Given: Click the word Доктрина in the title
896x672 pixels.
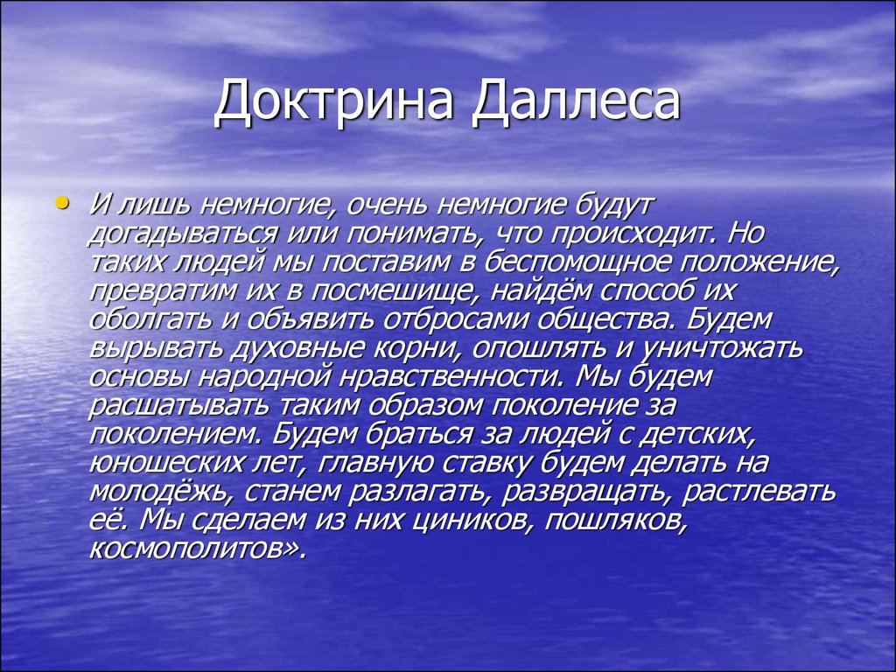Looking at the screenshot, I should (x=336, y=102).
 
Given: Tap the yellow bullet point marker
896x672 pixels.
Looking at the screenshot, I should (x=60, y=204).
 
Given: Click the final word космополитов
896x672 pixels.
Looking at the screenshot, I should (x=196, y=548).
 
